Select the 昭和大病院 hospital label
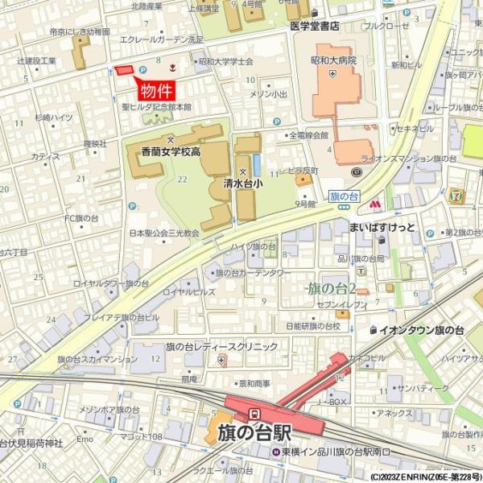tap(332, 60)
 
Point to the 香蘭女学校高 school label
tap(171, 151)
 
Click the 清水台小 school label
tap(242, 184)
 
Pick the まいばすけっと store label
tap(382, 227)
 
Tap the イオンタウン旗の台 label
tap(421, 330)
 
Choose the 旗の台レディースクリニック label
tap(222, 346)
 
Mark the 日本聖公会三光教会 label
tap(163, 233)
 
